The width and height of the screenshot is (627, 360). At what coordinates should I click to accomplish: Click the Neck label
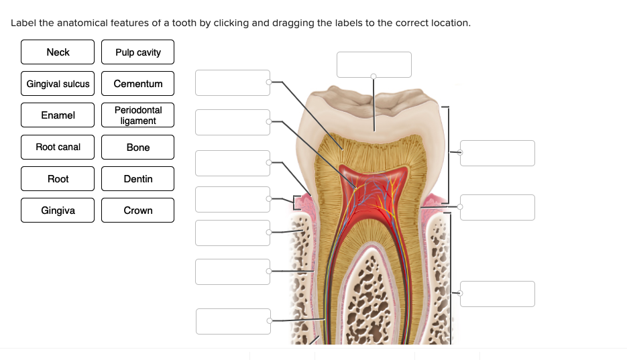[x=58, y=52]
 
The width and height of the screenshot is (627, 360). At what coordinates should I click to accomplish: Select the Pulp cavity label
[x=137, y=52]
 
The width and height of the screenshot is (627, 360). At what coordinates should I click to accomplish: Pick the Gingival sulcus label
[x=58, y=84]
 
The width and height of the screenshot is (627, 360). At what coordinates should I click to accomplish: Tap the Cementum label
[x=137, y=84]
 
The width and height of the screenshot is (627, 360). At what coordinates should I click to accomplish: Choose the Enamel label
[x=58, y=115]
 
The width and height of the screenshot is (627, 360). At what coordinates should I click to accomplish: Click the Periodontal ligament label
[x=137, y=115]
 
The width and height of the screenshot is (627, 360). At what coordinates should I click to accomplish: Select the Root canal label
[x=58, y=147]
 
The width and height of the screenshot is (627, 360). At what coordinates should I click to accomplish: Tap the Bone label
[x=137, y=147]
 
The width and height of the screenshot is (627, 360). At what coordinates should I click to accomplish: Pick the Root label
[x=58, y=179]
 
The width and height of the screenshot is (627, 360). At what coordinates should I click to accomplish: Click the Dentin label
[x=137, y=179]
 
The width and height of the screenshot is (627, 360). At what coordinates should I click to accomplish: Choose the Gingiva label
[x=58, y=211]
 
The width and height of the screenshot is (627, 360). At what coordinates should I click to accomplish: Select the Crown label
[x=137, y=211]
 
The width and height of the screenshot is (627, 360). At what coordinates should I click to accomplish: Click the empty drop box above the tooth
[x=374, y=64]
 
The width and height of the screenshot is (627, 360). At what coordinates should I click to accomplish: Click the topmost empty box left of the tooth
[x=233, y=82]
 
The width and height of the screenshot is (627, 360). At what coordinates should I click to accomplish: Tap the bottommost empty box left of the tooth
[x=233, y=321]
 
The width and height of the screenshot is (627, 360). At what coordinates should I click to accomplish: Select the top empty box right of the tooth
[x=498, y=153]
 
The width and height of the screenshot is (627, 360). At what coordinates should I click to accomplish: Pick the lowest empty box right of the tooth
[x=498, y=294]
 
